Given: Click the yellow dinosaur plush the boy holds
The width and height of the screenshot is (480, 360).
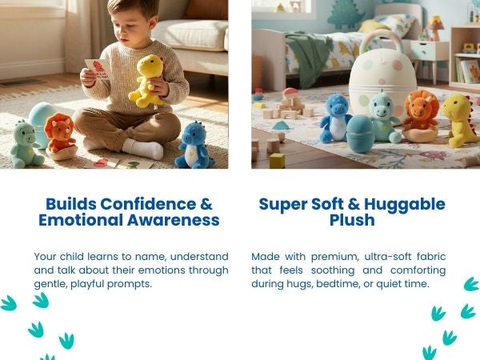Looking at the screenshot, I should [x=147, y=80].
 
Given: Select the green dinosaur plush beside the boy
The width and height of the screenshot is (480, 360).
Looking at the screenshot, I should [x=25, y=143].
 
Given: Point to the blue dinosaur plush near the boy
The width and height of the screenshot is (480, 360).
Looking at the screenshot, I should [x=194, y=144].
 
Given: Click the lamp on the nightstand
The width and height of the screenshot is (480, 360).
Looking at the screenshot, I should [x=435, y=27].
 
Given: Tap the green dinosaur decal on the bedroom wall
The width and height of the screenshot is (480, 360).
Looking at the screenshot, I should [x=346, y=14].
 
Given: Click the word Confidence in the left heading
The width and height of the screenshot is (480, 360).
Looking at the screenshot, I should [x=151, y=203].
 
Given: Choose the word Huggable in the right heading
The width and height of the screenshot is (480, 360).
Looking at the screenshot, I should [x=405, y=203].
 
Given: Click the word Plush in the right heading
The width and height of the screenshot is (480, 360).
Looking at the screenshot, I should [x=352, y=220].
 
